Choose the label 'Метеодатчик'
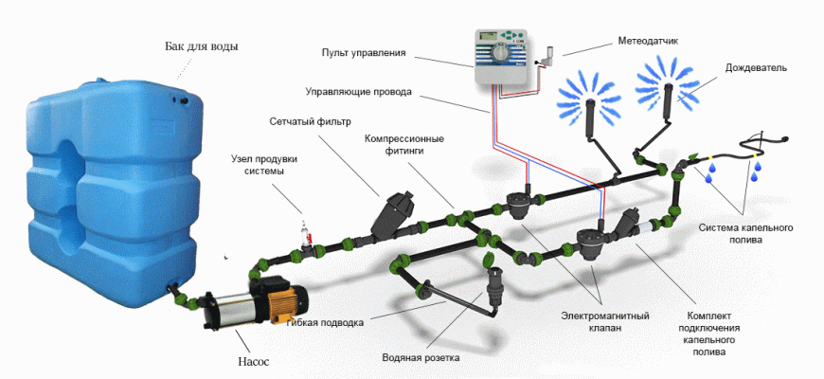[649, 42]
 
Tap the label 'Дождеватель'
[756, 68]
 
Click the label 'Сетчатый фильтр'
[310, 122]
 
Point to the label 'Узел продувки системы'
[258, 165]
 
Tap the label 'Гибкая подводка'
[325, 322]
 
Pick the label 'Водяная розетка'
[421, 359]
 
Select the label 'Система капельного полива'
[745, 234]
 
